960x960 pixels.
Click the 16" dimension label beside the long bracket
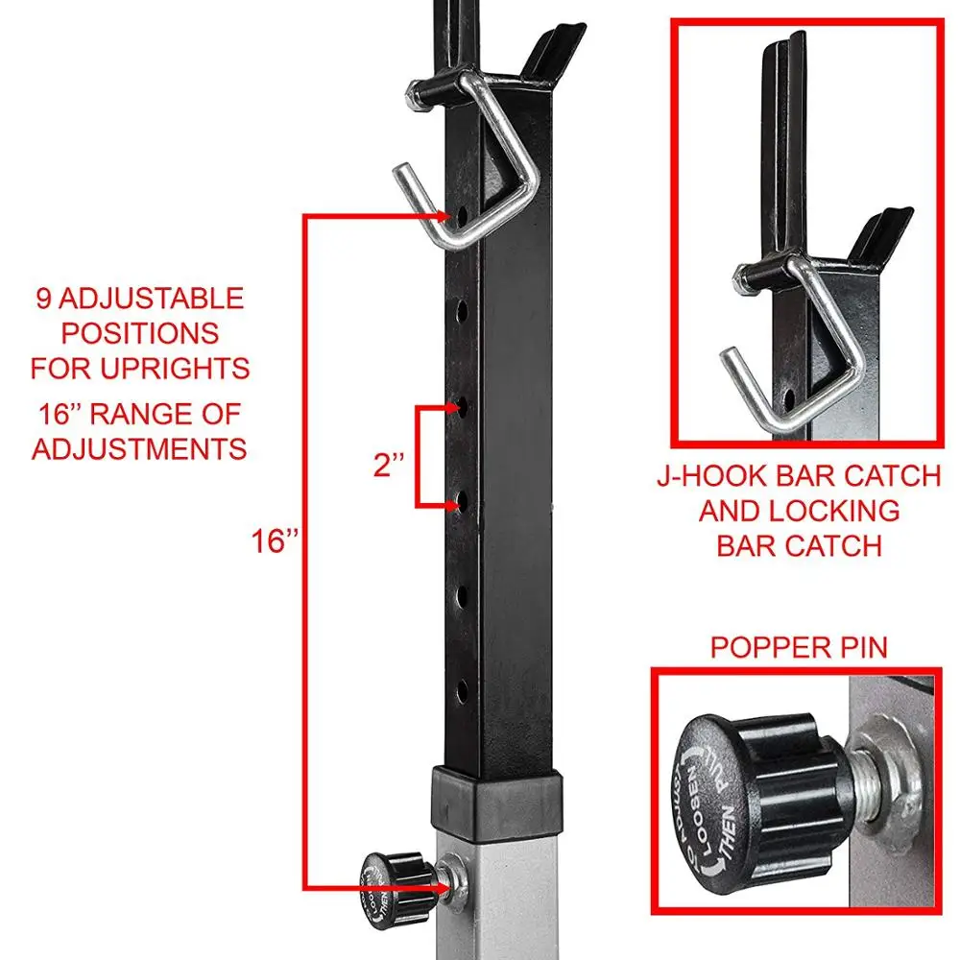point(275,542)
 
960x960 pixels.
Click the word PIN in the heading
point(859,647)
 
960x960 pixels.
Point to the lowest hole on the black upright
point(462,687)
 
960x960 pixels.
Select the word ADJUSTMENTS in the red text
point(139,448)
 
